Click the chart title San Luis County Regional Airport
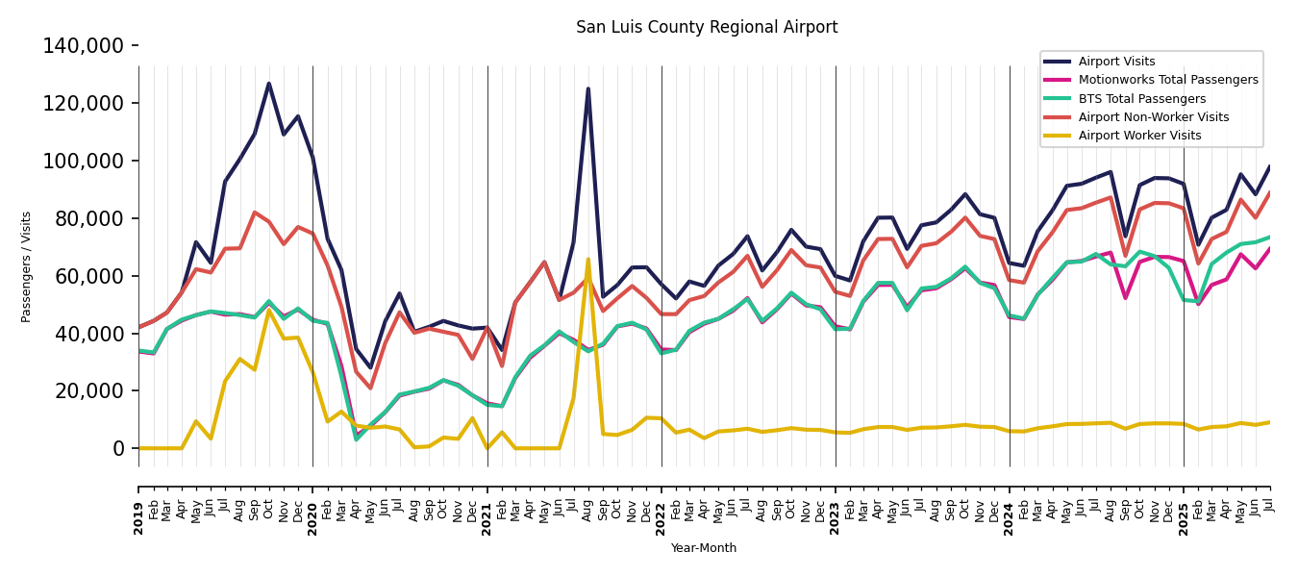[x=707, y=28]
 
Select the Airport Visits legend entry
[x=1116, y=62]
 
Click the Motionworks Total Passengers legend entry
[x=1167, y=80]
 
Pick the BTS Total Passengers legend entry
[x=1141, y=99]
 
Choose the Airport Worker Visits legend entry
[x=1139, y=136]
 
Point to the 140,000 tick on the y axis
[x=84, y=46]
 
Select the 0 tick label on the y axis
[x=118, y=448]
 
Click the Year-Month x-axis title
[x=704, y=548]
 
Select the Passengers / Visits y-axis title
[x=27, y=266]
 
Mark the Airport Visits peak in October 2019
[x=269, y=84]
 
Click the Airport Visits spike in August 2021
[x=588, y=88]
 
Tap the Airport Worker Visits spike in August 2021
[x=588, y=259]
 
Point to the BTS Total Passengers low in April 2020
[x=357, y=439]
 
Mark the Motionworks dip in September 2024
[x=1125, y=298]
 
